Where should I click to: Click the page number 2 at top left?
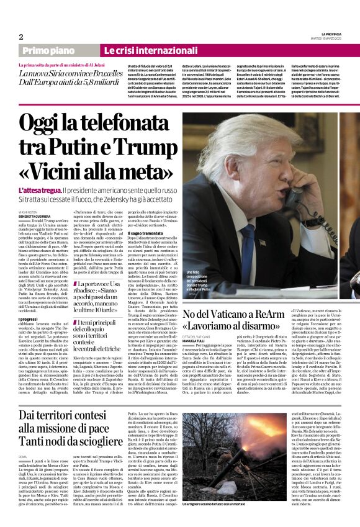coord(20,37)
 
